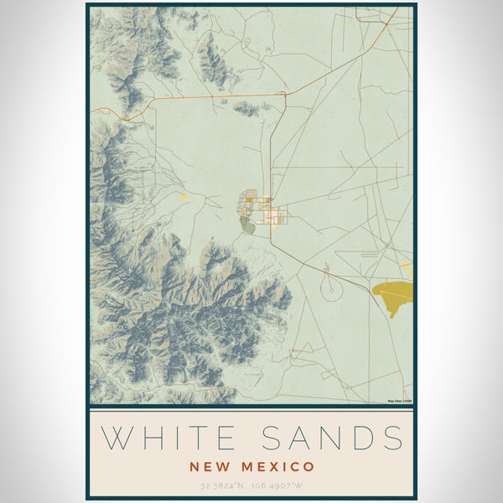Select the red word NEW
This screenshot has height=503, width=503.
[x=210, y=466]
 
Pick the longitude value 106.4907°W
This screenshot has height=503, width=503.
[x=282, y=485]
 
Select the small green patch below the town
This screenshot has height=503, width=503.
[x=246, y=224]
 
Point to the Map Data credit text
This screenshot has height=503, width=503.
[x=400, y=401]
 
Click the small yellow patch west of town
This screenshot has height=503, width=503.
[x=183, y=197]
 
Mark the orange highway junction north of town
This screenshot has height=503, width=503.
[x=284, y=94]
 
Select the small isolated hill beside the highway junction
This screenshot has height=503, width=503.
[x=247, y=107]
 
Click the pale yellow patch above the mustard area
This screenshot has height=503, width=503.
[x=407, y=266]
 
